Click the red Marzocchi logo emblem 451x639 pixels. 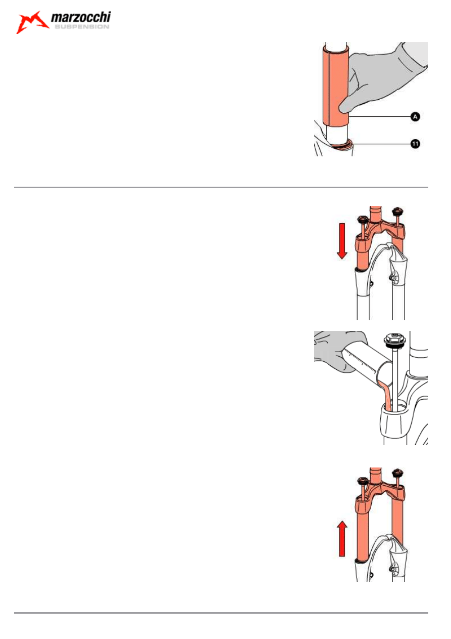pos(32,22)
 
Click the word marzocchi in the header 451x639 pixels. pos(81,18)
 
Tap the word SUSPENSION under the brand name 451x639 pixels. pos(82,27)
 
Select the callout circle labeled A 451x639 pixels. pos(415,117)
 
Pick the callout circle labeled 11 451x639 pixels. pos(415,144)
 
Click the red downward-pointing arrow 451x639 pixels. pos(342,241)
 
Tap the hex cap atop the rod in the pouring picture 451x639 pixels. pos(394,340)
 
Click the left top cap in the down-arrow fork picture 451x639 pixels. pos(363,220)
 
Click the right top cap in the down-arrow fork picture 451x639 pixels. pos(396,212)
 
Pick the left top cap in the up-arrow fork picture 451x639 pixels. pos(363,481)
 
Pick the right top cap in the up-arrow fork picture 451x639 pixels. pos(396,473)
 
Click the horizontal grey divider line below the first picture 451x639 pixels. pos(221,187)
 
